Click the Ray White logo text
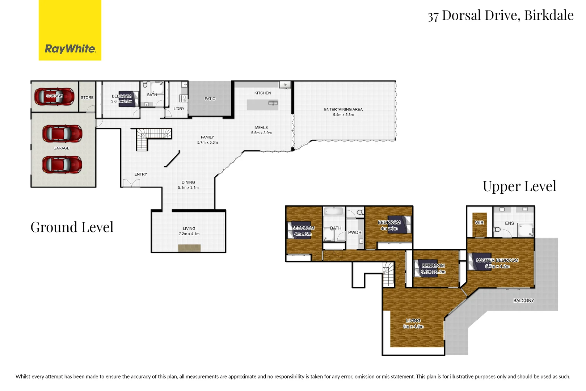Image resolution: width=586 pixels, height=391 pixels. [70, 49]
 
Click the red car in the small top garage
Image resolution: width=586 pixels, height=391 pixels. [54, 96]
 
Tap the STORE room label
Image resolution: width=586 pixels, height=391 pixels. [87, 98]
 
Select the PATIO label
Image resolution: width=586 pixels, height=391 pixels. [210, 99]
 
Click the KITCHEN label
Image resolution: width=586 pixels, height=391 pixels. [262, 93]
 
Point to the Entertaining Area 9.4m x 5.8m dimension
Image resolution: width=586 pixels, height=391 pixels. [343, 115]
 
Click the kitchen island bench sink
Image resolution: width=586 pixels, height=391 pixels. [273, 103]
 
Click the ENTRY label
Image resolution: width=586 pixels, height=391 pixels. [141, 174]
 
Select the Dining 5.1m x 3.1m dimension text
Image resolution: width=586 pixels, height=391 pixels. [188, 188]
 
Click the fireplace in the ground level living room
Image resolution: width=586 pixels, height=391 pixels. [189, 248]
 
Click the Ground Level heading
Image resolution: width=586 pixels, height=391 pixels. [72, 227]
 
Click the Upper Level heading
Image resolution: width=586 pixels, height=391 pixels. [519, 186]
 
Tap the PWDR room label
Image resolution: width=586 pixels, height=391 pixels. [355, 232]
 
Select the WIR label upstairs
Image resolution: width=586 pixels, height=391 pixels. [479, 223]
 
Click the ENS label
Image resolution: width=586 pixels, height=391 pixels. [509, 223]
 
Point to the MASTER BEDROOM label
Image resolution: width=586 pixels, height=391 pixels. [497, 260]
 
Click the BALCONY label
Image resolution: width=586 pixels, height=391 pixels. [523, 300]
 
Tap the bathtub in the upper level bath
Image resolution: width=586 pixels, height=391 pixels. [334, 211]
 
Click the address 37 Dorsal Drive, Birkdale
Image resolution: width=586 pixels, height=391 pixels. [500, 16]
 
